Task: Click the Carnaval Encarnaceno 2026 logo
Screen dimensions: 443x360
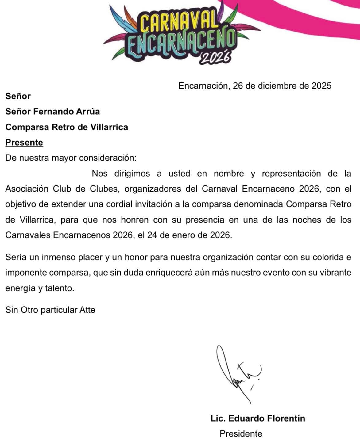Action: pyautogui.click(x=181, y=34)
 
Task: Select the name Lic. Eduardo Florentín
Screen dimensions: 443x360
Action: pyautogui.click(x=258, y=418)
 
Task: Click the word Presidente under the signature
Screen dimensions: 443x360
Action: pyautogui.click(x=241, y=434)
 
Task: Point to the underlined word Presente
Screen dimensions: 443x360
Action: pyautogui.click(x=24, y=143)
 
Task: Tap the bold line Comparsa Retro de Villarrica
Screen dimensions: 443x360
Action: pyautogui.click(x=67, y=127)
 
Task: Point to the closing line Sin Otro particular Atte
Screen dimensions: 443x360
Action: pyautogui.click(x=50, y=310)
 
